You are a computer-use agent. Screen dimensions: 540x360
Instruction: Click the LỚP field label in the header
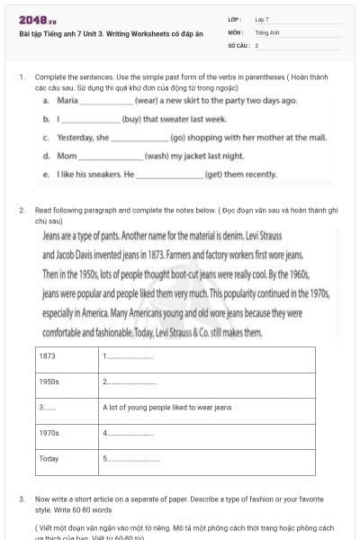(x=234, y=19)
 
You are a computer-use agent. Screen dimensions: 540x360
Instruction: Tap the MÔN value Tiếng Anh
(x=264, y=31)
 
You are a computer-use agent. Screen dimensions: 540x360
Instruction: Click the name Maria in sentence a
(x=67, y=101)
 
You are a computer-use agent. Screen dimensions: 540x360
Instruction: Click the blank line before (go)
(x=139, y=138)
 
